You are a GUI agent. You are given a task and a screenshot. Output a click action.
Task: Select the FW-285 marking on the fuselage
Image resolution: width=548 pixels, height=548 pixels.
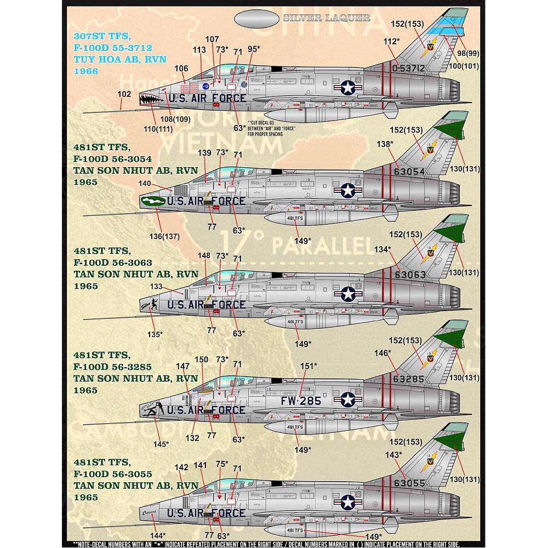point(302,401)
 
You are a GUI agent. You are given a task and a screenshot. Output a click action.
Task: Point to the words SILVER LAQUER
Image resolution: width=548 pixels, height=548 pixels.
point(327,18)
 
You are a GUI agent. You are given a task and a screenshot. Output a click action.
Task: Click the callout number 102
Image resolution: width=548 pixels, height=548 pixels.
point(124,94)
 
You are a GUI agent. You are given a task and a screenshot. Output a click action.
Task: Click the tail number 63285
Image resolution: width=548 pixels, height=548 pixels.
point(408,379)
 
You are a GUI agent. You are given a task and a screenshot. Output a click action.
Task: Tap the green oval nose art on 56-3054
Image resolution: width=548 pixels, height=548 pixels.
point(152,202)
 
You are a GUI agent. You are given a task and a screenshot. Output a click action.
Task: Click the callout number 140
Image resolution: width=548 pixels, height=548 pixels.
point(145,184)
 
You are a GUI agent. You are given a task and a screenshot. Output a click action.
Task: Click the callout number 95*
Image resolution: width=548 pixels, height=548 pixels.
point(253,49)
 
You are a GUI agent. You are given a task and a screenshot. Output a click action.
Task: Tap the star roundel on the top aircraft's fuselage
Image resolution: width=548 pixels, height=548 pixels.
point(348,87)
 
